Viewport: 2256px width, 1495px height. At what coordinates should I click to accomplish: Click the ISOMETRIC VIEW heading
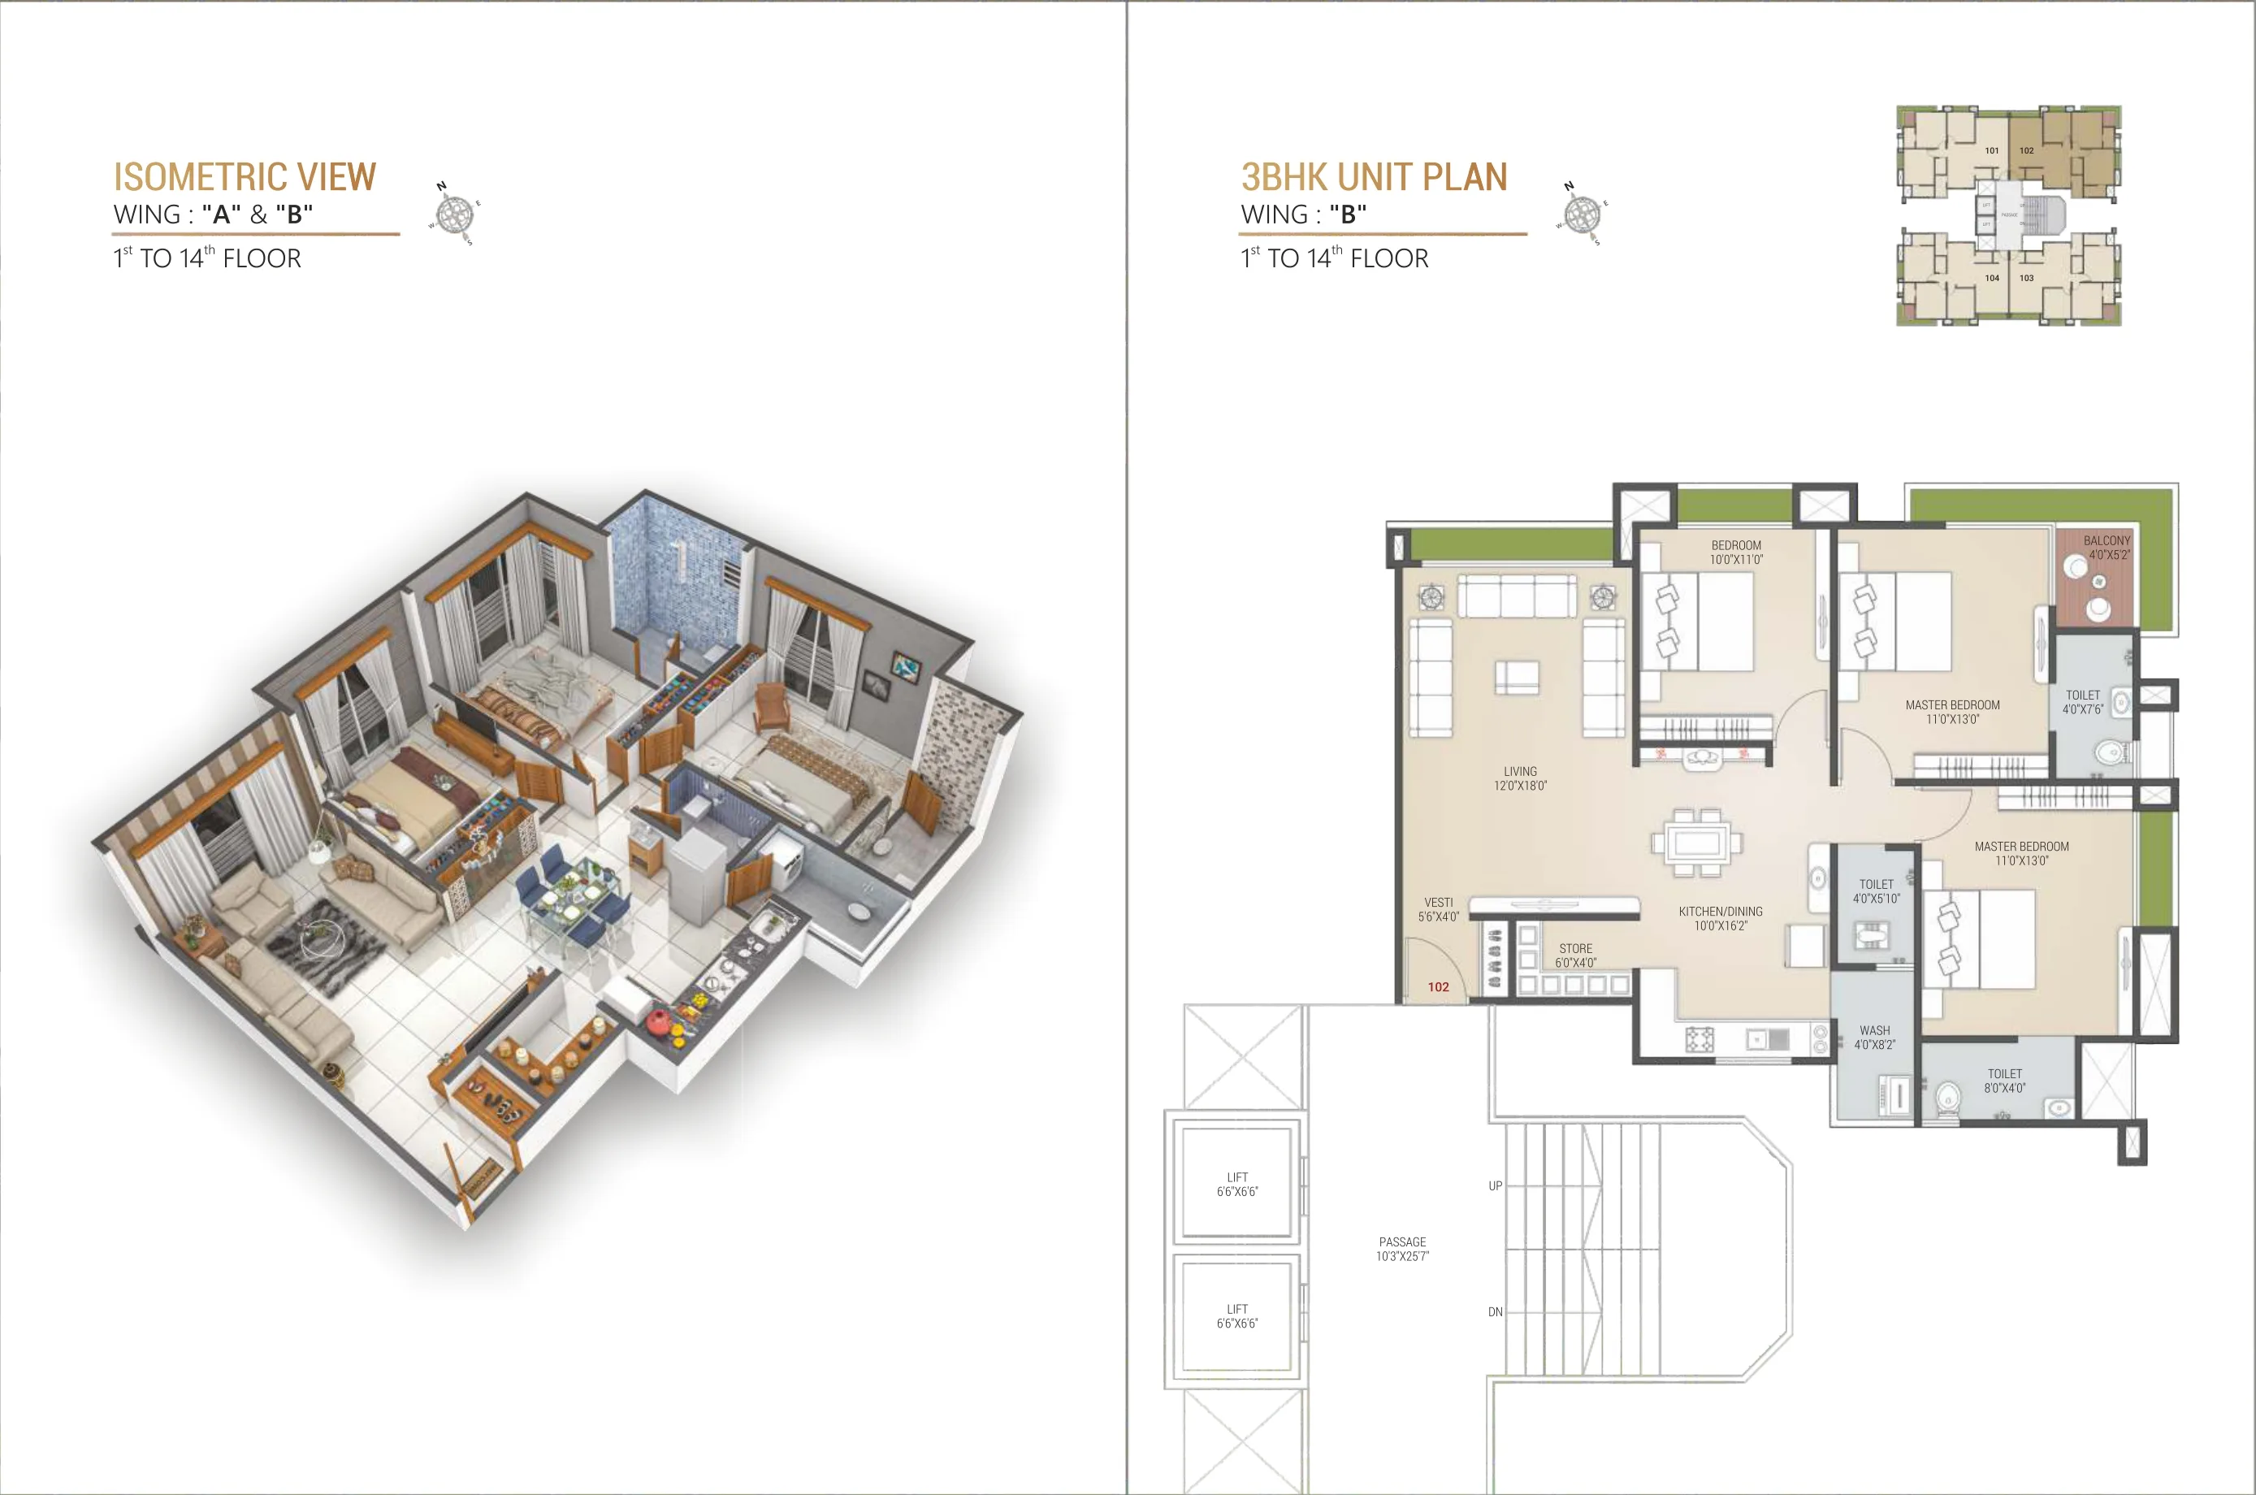coord(245,177)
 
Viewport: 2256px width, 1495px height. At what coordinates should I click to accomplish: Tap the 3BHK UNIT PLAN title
coord(1374,177)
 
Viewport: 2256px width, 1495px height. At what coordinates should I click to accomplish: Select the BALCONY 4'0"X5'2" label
coord(2107,548)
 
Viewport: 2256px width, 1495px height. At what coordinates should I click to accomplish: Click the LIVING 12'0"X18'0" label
coord(1520,778)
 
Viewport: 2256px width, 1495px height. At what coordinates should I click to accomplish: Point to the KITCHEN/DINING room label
coord(1721,918)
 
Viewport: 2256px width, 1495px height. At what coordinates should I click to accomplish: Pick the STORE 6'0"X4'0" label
coord(1575,955)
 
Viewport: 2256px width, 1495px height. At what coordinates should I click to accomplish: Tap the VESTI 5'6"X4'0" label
coord(1438,909)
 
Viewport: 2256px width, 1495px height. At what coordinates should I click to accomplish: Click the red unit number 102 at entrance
coord(1438,987)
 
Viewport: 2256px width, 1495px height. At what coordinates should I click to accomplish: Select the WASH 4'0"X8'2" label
coord(1874,1038)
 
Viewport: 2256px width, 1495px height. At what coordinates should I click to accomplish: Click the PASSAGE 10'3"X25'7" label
coord(1402,1249)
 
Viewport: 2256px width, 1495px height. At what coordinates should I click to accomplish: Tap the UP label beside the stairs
coord(1496,1186)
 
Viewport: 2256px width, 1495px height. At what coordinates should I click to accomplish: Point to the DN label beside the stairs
coord(1496,1312)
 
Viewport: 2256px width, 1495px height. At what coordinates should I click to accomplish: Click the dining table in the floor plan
coord(1696,843)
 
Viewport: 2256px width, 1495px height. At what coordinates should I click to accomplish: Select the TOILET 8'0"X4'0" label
coord(2004,1081)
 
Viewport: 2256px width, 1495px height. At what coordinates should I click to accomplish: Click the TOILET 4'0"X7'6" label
coord(2082,702)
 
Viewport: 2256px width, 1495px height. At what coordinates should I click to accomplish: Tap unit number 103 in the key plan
coord(2026,279)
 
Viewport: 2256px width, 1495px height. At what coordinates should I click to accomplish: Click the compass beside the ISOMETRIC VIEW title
coord(456,213)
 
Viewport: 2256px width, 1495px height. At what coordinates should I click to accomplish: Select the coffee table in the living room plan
coord(1515,677)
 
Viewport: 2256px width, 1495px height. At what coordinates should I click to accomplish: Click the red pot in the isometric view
coord(658,1022)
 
